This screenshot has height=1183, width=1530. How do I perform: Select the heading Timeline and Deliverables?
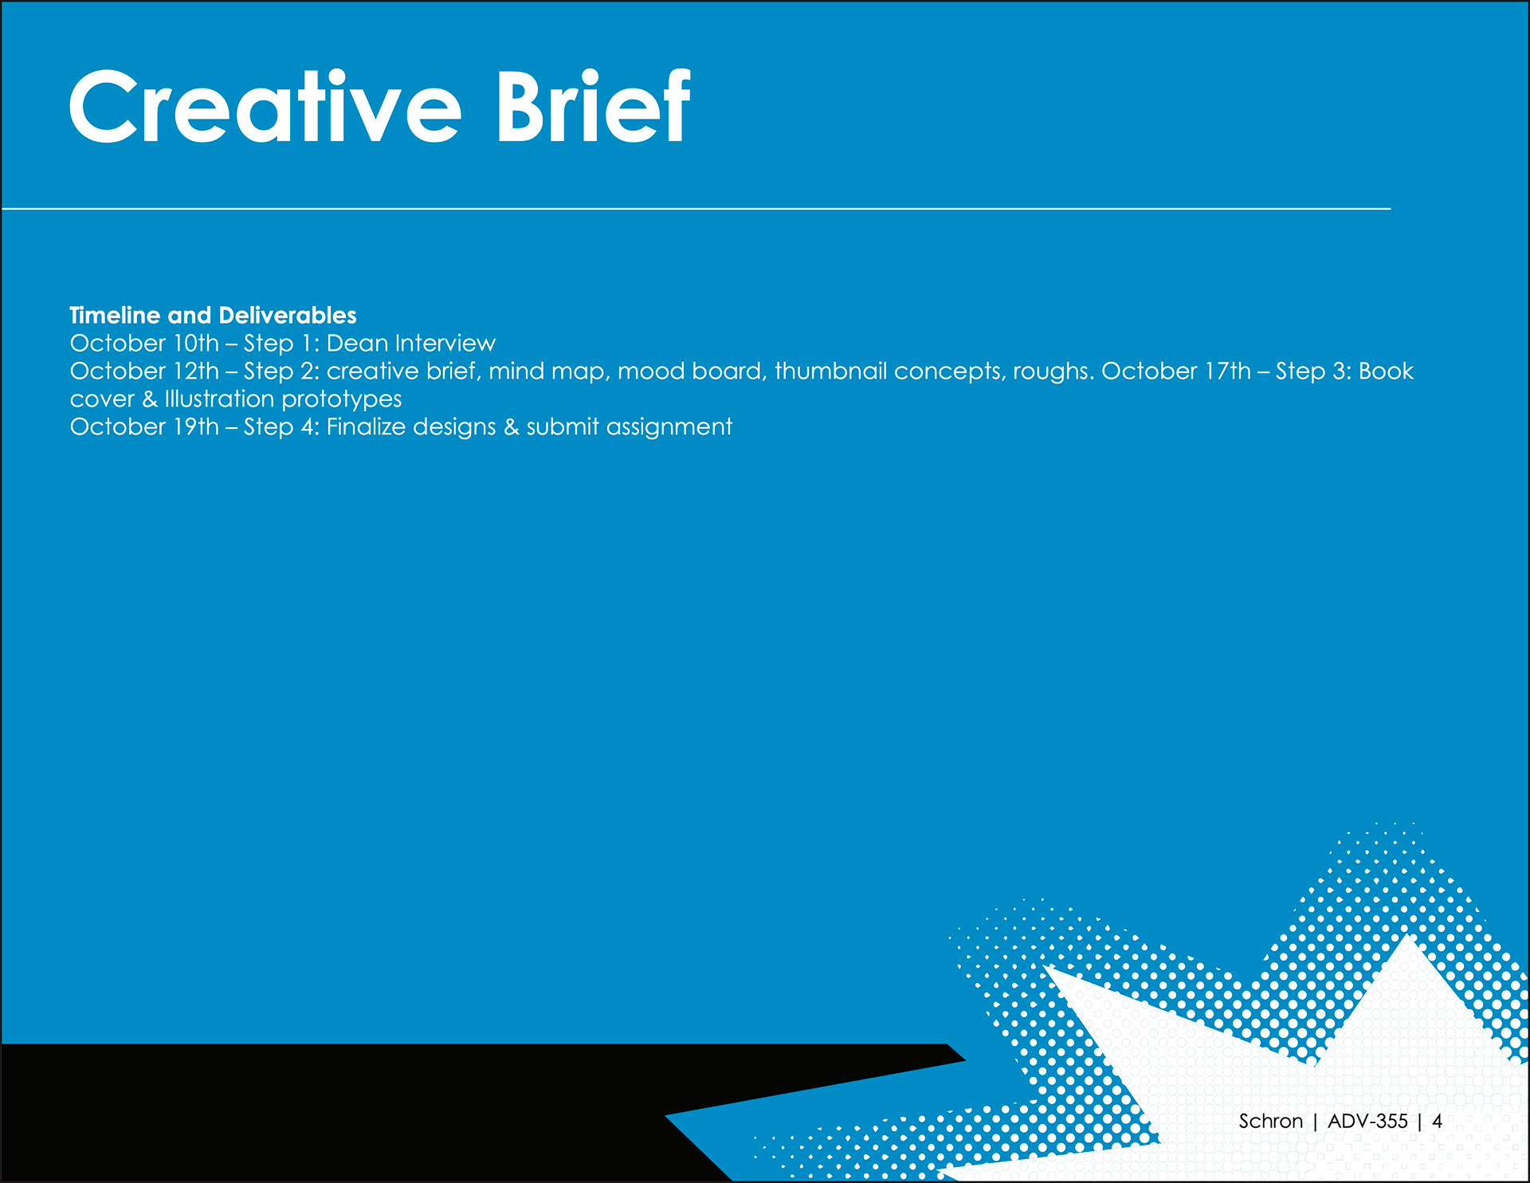(x=213, y=315)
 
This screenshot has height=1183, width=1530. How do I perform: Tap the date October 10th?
(x=144, y=343)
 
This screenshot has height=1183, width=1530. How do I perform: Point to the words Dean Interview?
(x=411, y=343)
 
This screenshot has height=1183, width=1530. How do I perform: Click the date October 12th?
(x=144, y=371)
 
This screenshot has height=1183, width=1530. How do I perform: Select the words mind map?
(x=549, y=372)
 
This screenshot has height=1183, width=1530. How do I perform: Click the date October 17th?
(x=1176, y=371)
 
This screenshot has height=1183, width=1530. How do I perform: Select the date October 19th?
(x=144, y=426)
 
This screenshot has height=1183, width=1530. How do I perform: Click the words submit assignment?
(x=630, y=428)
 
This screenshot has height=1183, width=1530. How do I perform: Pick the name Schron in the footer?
(x=1271, y=1121)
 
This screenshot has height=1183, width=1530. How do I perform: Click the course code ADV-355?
(x=1368, y=1121)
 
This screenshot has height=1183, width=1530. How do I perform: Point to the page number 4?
(x=1438, y=1121)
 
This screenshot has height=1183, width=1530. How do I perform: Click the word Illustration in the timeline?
(x=219, y=399)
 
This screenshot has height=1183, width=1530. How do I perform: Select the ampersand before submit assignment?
(x=512, y=427)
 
